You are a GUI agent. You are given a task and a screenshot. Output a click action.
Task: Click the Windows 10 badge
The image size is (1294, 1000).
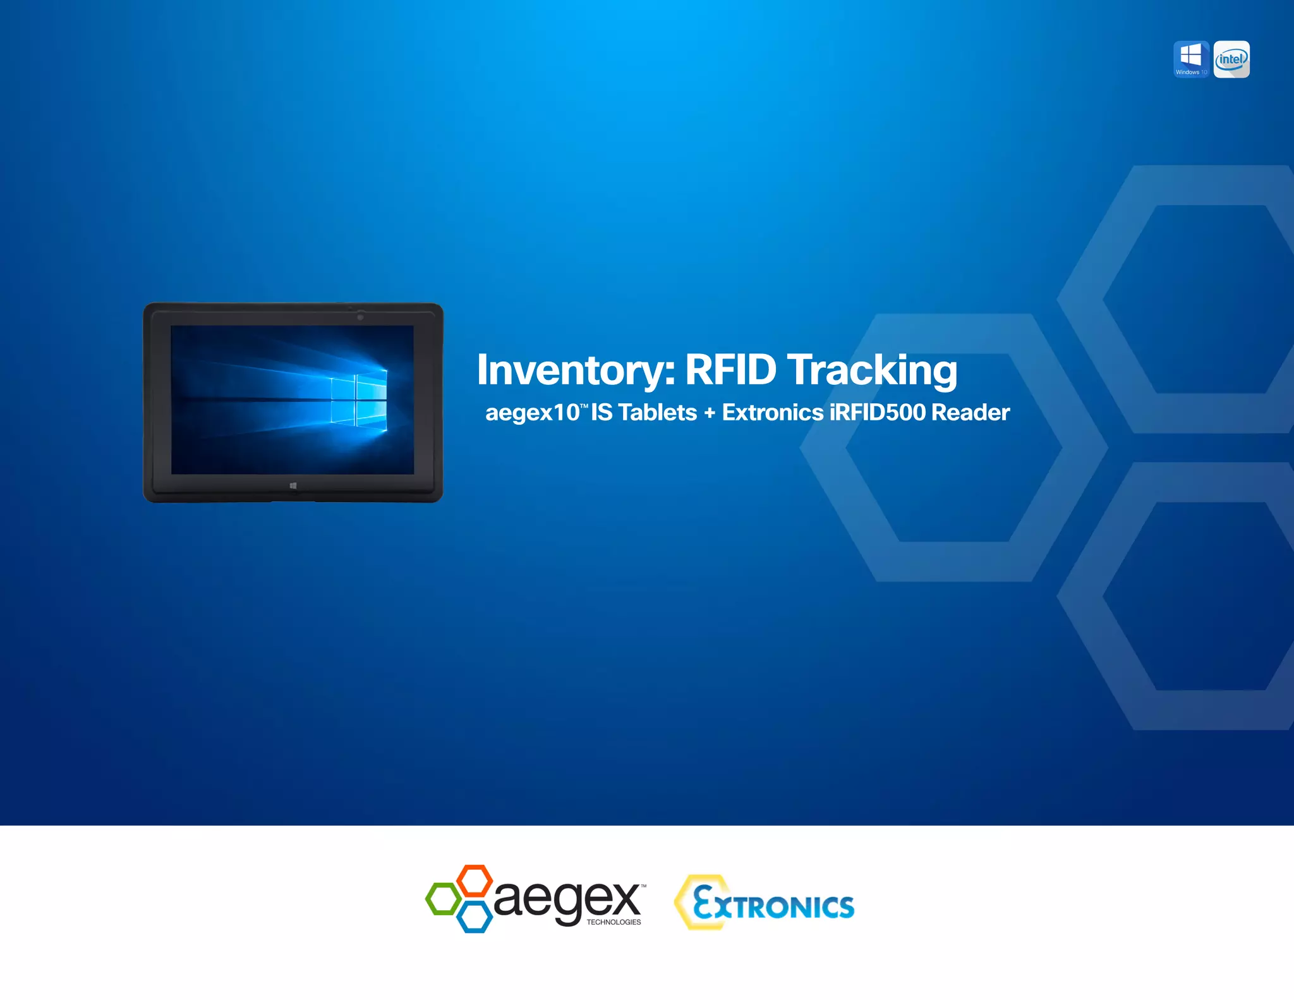click(1191, 59)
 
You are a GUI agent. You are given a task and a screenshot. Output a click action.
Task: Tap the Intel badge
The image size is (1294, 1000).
click(1231, 59)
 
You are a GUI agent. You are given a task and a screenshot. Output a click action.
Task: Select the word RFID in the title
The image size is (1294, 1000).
click(730, 370)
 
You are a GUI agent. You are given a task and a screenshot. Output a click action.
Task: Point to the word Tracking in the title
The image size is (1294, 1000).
click(872, 371)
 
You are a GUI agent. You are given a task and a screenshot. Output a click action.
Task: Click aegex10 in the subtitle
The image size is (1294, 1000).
click(532, 413)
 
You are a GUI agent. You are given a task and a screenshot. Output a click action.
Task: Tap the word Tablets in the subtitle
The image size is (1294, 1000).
click(657, 413)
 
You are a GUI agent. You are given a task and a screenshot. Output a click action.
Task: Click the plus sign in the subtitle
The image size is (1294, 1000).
click(710, 413)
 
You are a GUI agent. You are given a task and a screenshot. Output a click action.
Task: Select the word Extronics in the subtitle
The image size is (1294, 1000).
click(773, 413)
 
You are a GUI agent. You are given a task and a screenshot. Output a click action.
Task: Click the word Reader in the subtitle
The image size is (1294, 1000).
click(970, 413)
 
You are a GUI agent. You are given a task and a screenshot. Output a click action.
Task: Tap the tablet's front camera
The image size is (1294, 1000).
click(360, 317)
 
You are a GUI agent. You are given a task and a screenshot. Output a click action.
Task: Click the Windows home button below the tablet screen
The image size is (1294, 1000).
click(293, 485)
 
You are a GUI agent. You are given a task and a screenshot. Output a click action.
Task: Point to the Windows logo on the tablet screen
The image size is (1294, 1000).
click(359, 400)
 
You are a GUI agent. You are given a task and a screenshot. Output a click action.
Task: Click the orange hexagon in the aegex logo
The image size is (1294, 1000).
click(474, 880)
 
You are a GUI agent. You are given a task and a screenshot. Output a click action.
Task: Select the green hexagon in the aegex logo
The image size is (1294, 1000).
click(443, 898)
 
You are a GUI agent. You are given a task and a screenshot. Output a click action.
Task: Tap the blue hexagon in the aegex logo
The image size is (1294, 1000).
click(474, 917)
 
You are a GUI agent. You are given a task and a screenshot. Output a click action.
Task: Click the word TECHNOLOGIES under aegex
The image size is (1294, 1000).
click(614, 922)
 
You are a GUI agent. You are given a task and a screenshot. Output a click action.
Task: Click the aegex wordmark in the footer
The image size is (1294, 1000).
click(567, 899)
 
